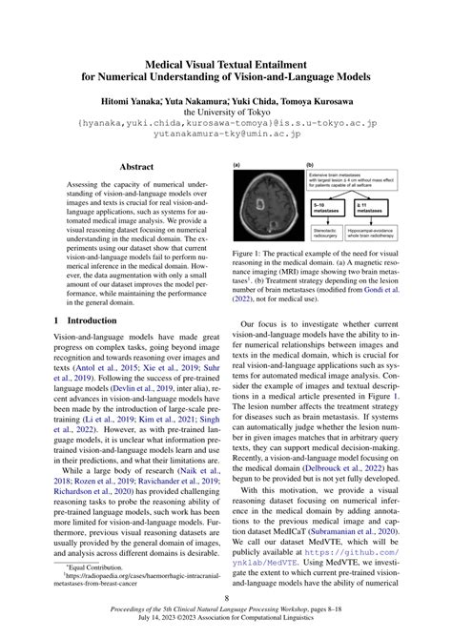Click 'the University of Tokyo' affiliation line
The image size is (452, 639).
[x=226, y=112]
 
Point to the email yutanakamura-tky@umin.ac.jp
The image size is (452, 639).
[x=226, y=136]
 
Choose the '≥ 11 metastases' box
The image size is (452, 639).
[x=380, y=209]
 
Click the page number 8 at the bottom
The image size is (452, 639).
[x=226, y=600]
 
